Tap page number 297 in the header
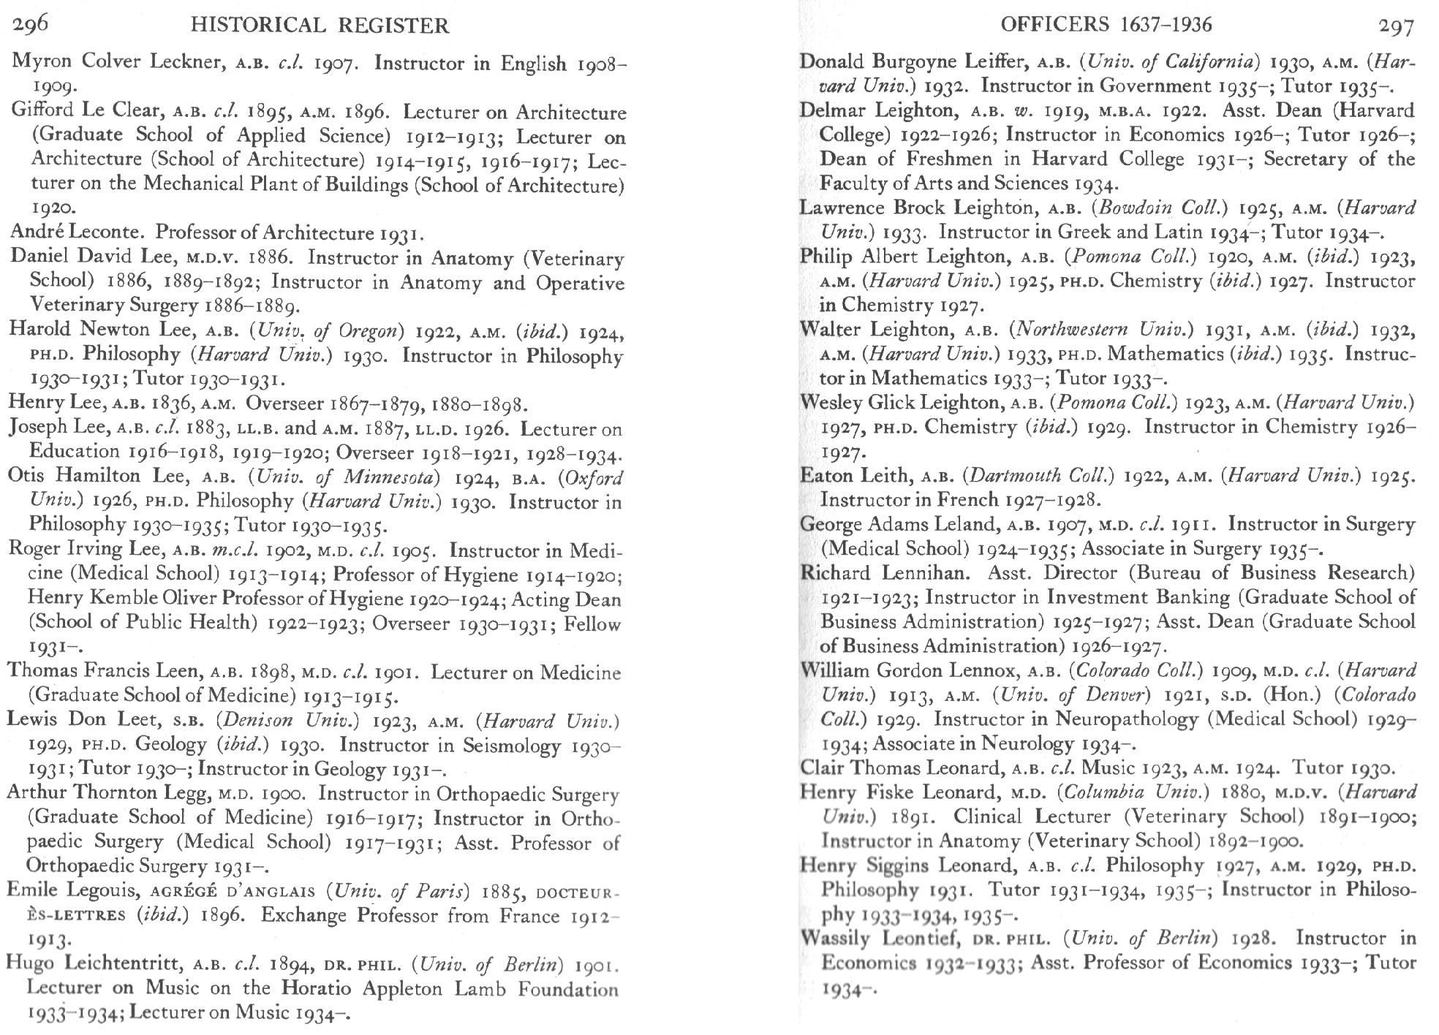[1397, 26]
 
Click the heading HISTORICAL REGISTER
[319, 26]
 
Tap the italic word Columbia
[1106, 792]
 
